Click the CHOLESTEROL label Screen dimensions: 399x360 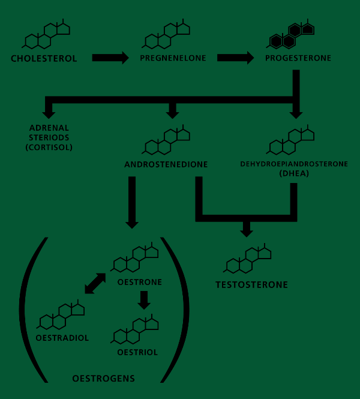coord(44,59)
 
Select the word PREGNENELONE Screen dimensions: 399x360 coord(173,58)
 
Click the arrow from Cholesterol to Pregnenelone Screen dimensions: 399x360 coord(110,58)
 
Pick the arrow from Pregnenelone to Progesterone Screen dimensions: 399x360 coord(235,58)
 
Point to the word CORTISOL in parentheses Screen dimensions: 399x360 coord(49,147)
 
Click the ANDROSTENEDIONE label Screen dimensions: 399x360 coord(166,164)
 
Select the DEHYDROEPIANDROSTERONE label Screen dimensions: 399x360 coord(294,163)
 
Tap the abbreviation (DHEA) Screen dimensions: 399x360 coord(294,173)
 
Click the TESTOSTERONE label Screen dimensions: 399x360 coord(252,284)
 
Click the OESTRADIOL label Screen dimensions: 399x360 coord(62,338)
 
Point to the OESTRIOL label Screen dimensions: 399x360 coord(137,352)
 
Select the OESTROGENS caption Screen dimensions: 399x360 coord(104,379)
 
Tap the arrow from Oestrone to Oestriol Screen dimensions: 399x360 coord(143,299)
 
